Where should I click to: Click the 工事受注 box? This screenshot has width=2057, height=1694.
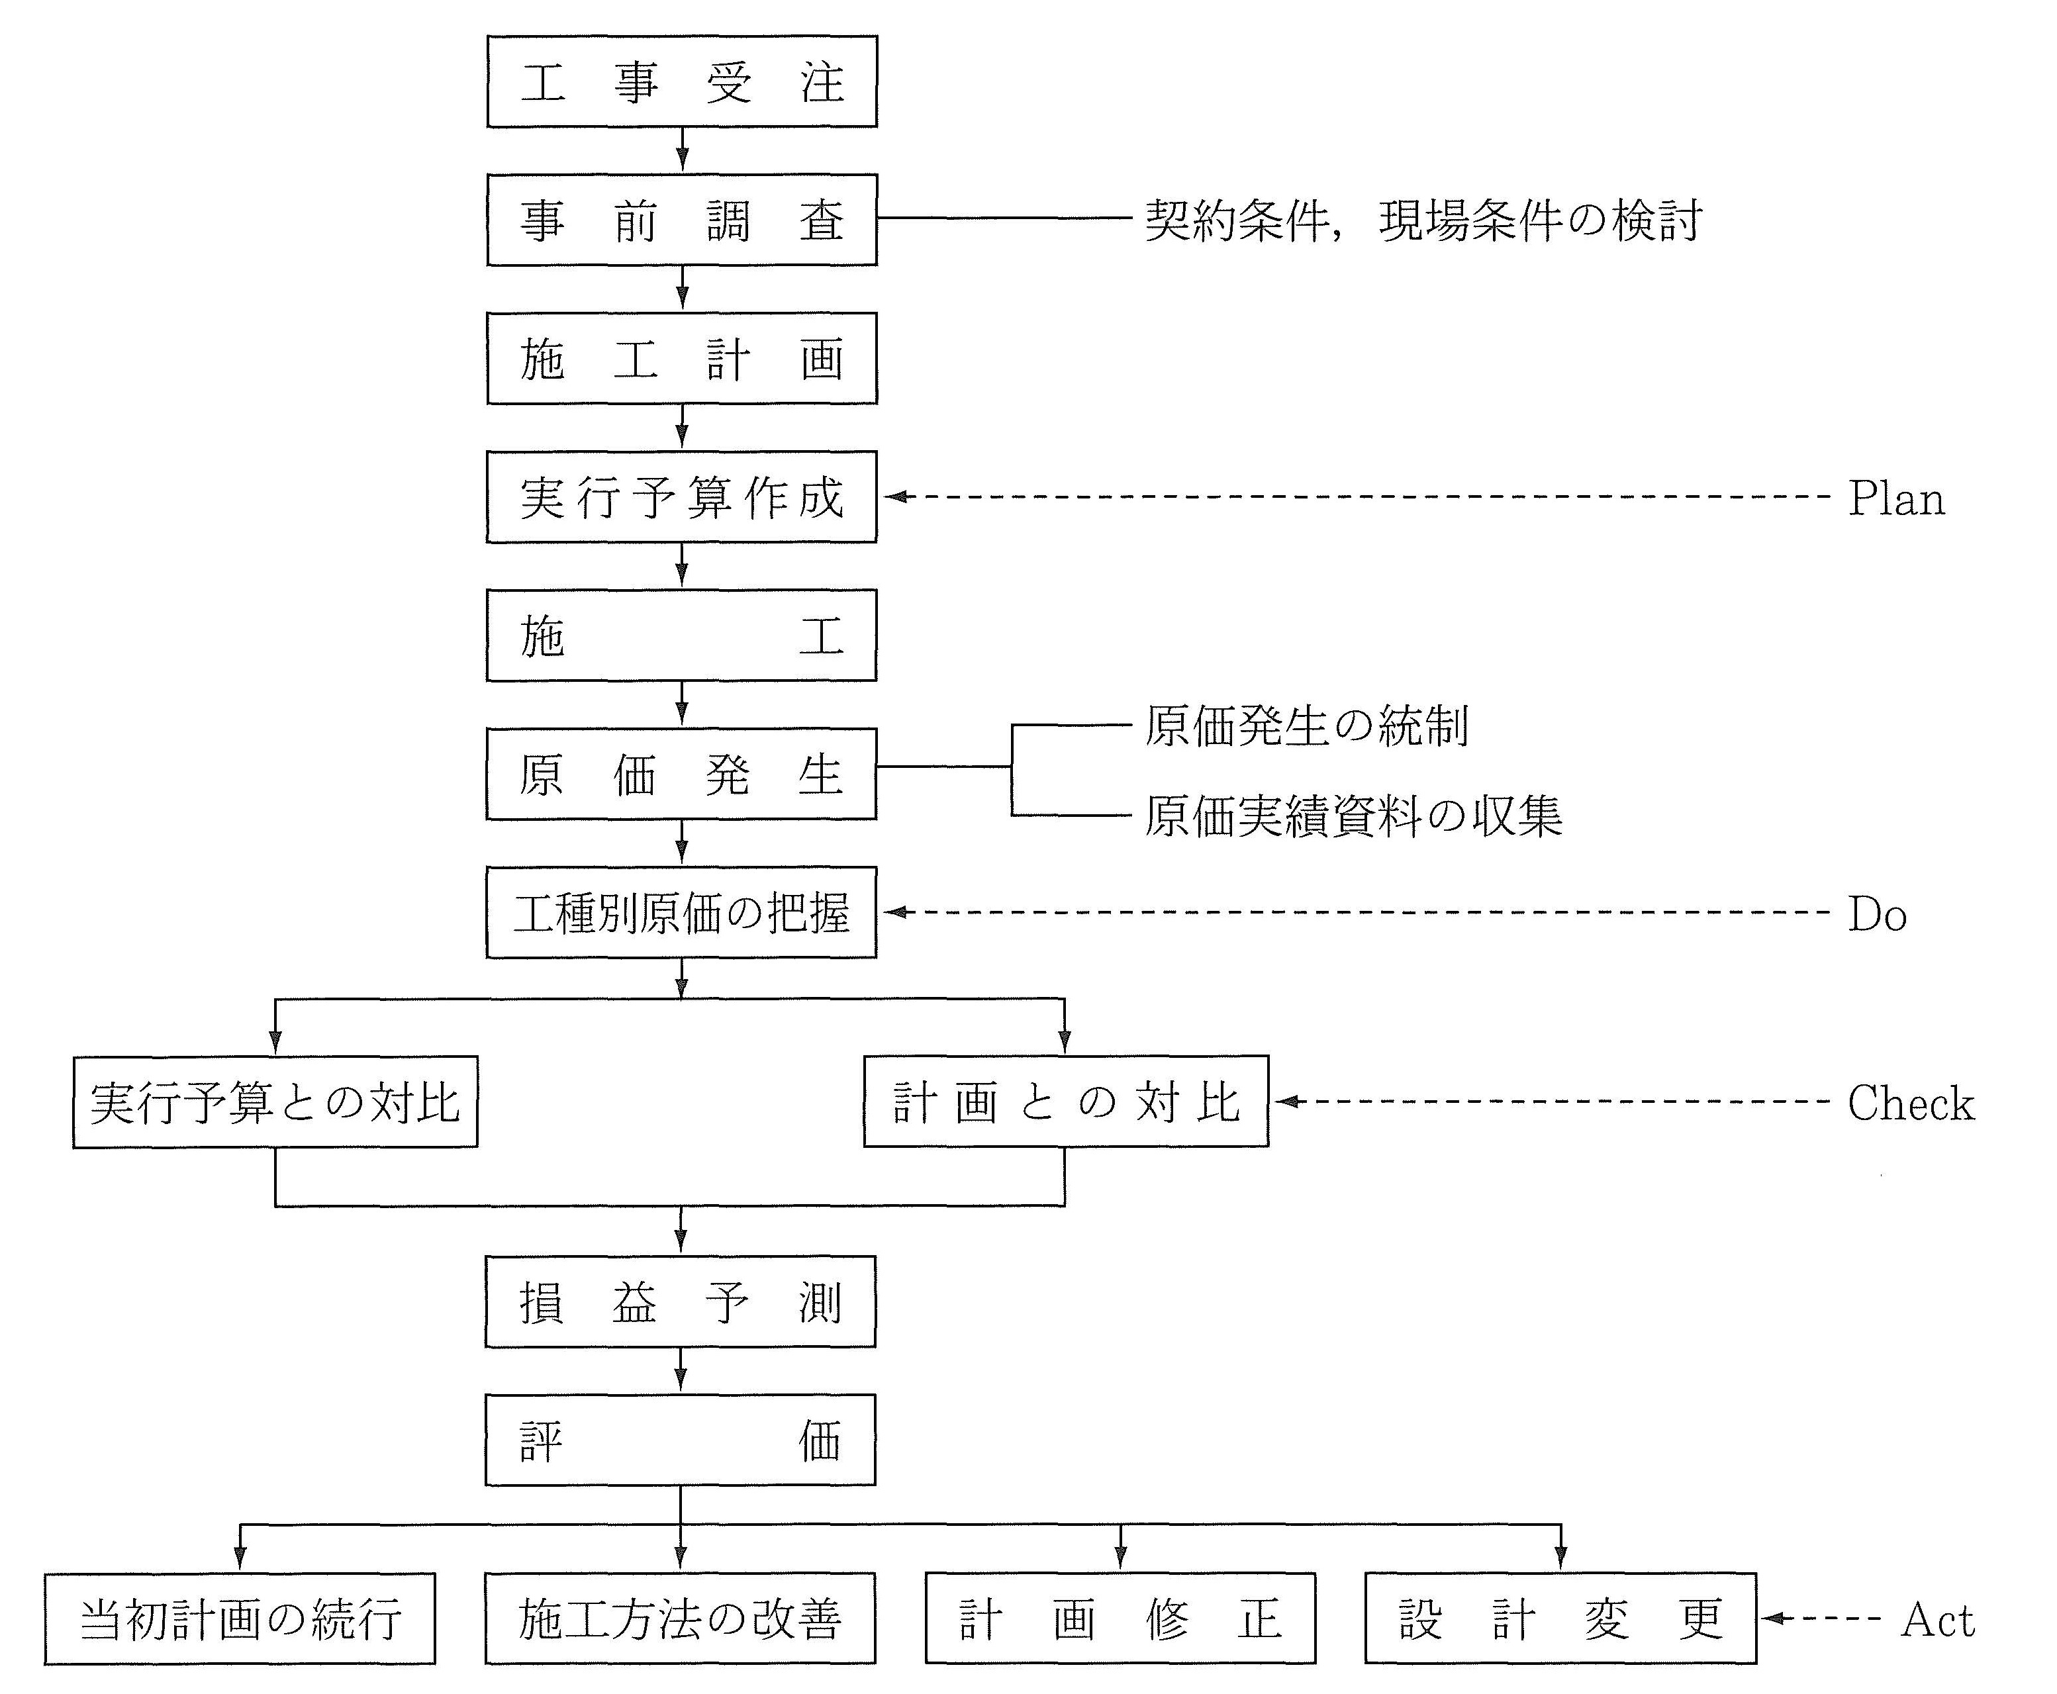681,82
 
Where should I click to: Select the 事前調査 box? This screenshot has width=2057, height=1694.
681,220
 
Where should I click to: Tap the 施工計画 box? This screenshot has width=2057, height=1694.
681,358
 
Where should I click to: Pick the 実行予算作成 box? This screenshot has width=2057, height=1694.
681,496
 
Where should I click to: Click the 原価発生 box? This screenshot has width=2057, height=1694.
681,774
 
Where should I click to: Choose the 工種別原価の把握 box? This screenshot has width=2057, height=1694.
681,912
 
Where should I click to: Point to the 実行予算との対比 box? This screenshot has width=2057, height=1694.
275,1102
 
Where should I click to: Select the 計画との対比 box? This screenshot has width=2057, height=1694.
1066,1102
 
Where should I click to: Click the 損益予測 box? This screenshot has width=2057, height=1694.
680,1301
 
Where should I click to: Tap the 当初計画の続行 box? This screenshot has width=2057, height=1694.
240,1619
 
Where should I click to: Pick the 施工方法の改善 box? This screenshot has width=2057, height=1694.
680,1619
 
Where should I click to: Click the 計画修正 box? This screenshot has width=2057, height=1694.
1120,1619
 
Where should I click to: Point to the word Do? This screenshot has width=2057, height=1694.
1876,914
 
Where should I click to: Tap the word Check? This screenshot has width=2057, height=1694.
1909,1104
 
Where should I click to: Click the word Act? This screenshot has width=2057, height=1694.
1937,1621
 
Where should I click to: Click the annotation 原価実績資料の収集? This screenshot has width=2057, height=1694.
1353,816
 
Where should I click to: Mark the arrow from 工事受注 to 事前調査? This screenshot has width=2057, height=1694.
682,150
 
